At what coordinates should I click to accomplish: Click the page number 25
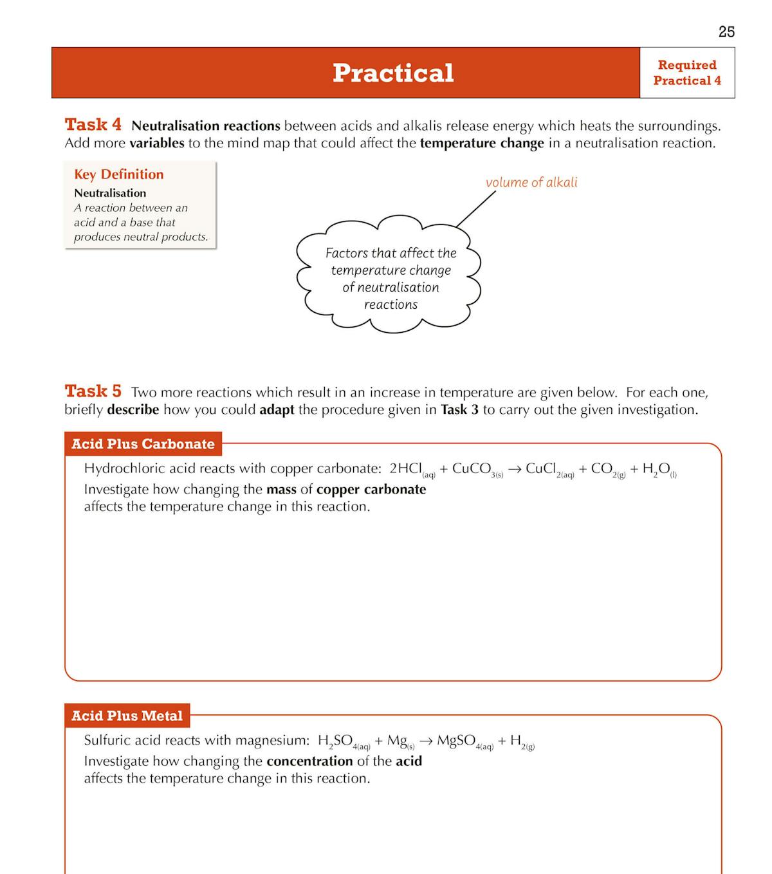pyautogui.click(x=726, y=32)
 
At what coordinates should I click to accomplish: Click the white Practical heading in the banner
pyautogui.click(x=392, y=73)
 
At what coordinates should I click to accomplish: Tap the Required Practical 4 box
pyautogui.click(x=686, y=73)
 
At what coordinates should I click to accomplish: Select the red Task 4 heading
pyautogui.click(x=93, y=124)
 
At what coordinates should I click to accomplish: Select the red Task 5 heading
pyautogui.click(x=93, y=391)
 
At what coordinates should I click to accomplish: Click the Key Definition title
pyautogui.click(x=118, y=174)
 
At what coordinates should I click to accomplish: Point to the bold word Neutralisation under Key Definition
pyautogui.click(x=110, y=193)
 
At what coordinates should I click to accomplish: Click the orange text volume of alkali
pyautogui.click(x=531, y=182)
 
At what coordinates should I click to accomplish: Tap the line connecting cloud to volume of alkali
pyautogui.click(x=476, y=209)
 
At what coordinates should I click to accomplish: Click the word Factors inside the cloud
pyautogui.click(x=347, y=253)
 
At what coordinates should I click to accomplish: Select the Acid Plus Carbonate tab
pyautogui.click(x=143, y=444)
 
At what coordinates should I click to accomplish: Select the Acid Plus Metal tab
pyautogui.click(x=127, y=716)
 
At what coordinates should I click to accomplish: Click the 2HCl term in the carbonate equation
pyautogui.click(x=407, y=469)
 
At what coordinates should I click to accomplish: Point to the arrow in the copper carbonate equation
pyautogui.click(x=514, y=469)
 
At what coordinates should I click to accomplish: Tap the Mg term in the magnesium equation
pyautogui.click(x=398, y=741)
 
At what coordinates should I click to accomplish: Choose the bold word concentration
pyautogui.click(x=309, y=761)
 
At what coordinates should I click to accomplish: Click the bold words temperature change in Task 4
pyautogui.click(x=481, y=143)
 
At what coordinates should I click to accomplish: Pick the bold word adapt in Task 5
pyautogui.click(x=277, y=409)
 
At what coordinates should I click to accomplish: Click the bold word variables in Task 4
pyautogui.click(x=156, y=143)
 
